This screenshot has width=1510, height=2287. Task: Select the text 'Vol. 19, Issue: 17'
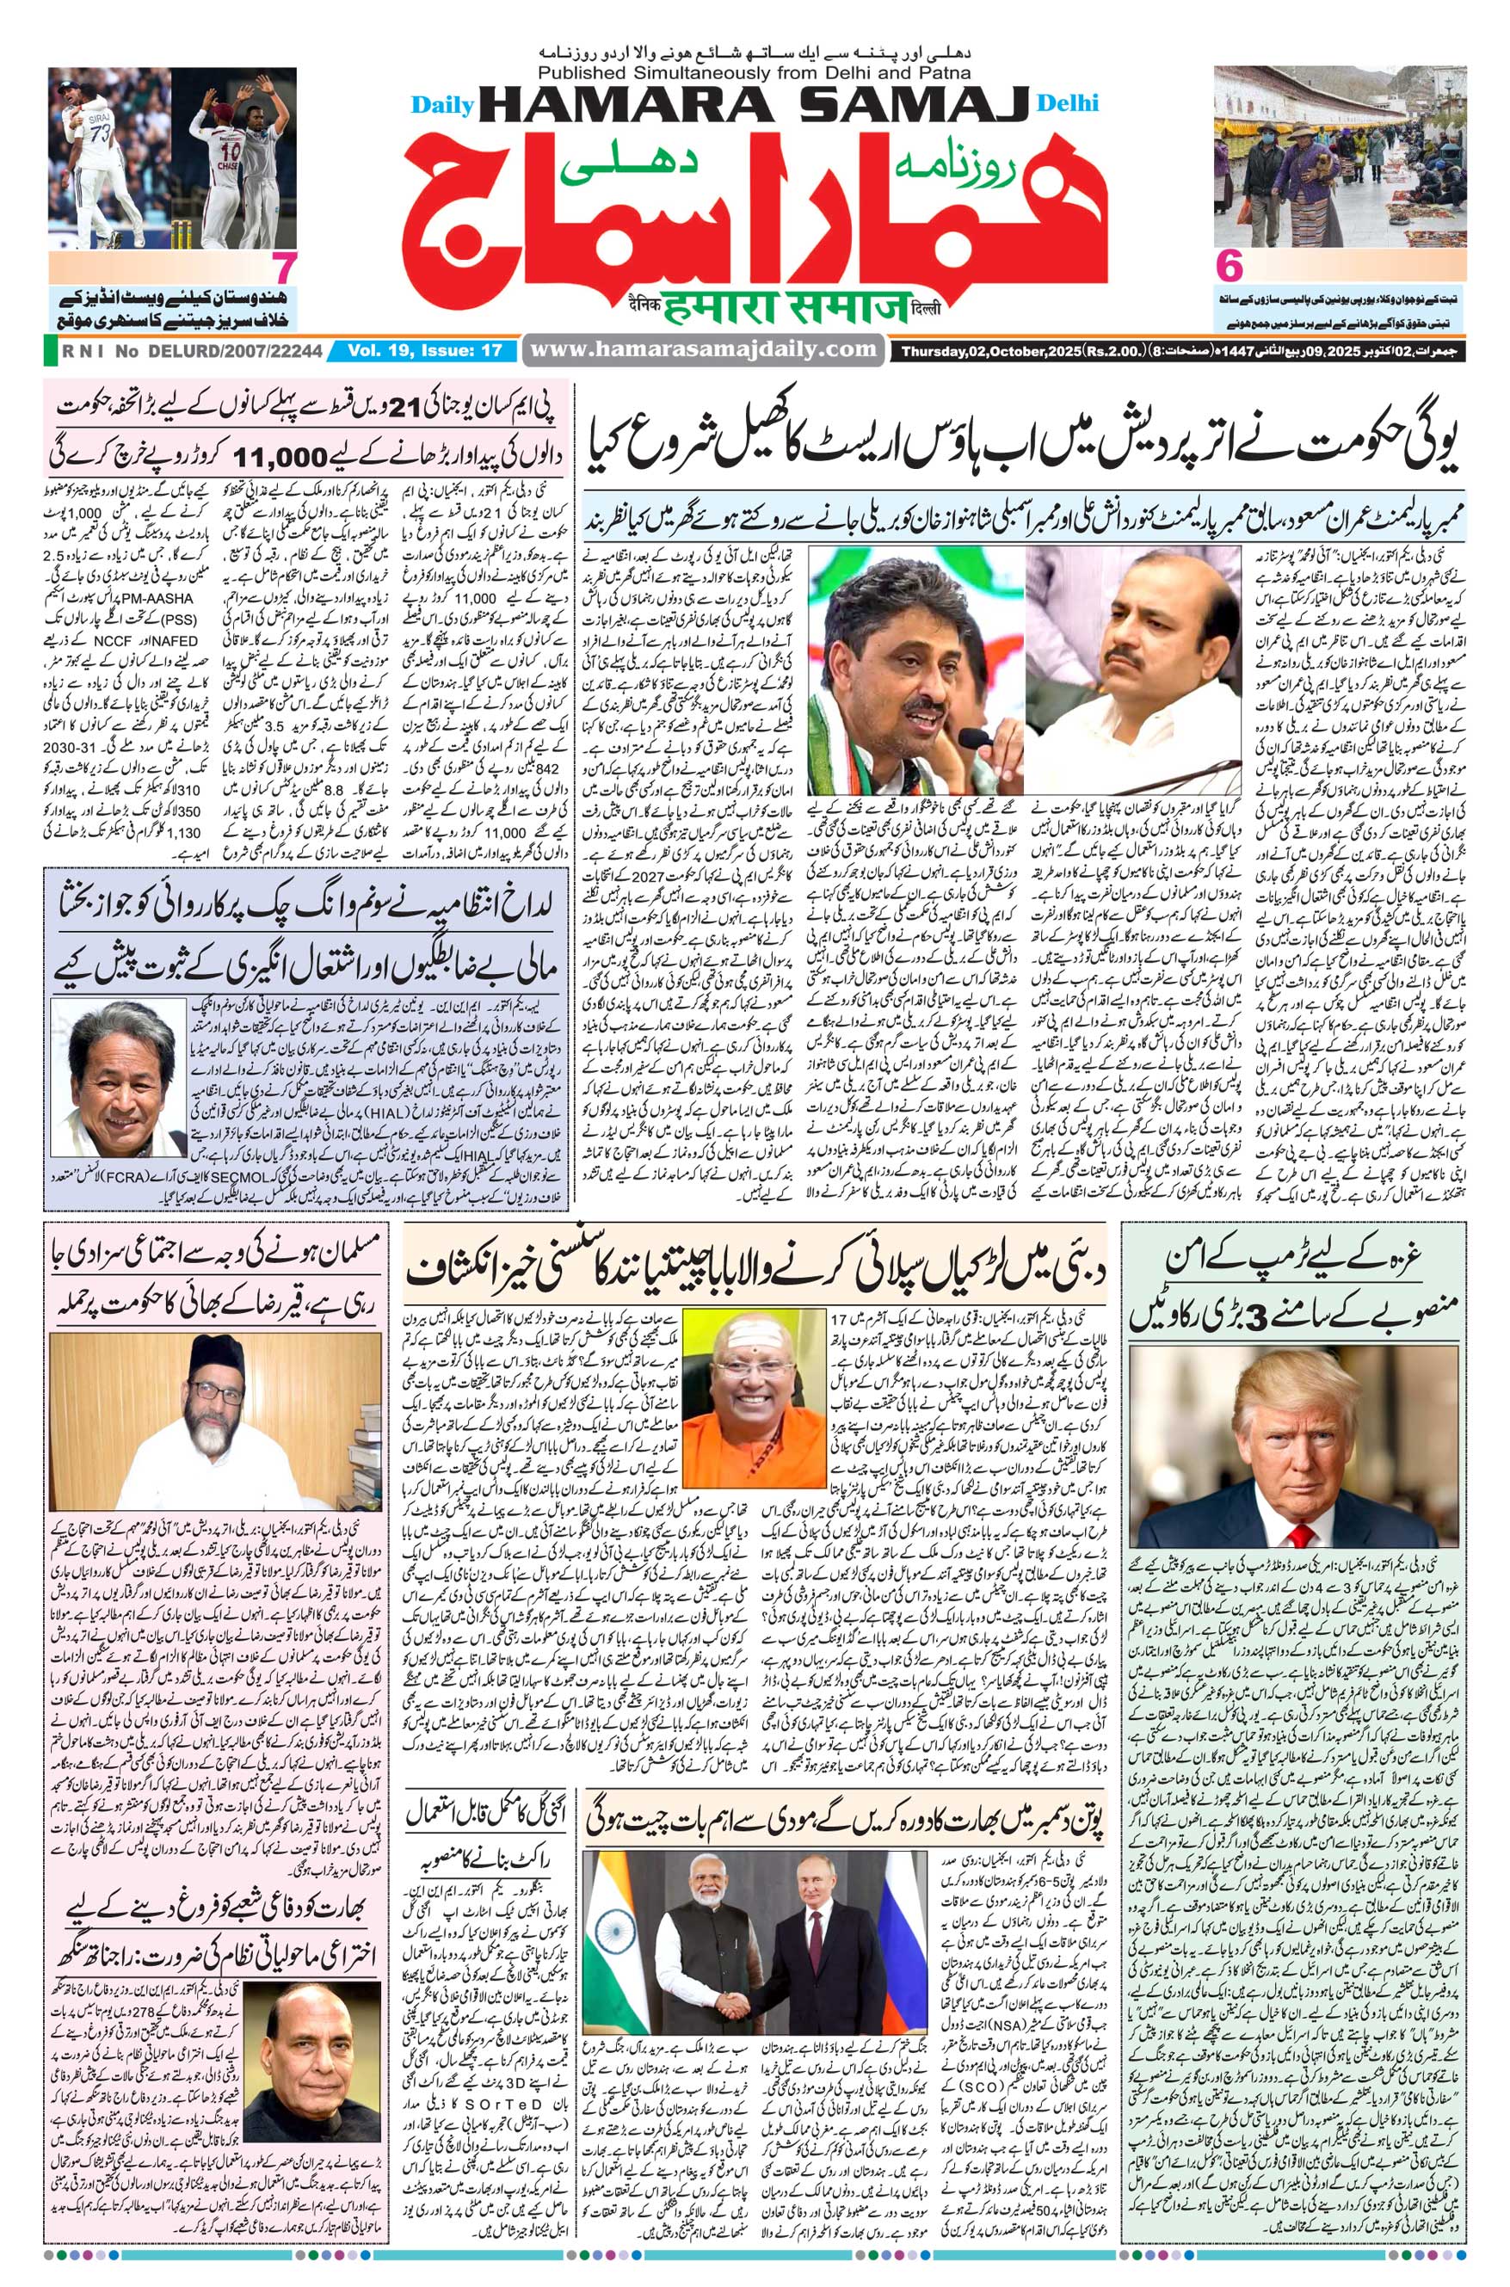tap(426, 350)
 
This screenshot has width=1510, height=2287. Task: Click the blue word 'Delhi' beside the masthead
tap(1068, 103)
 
